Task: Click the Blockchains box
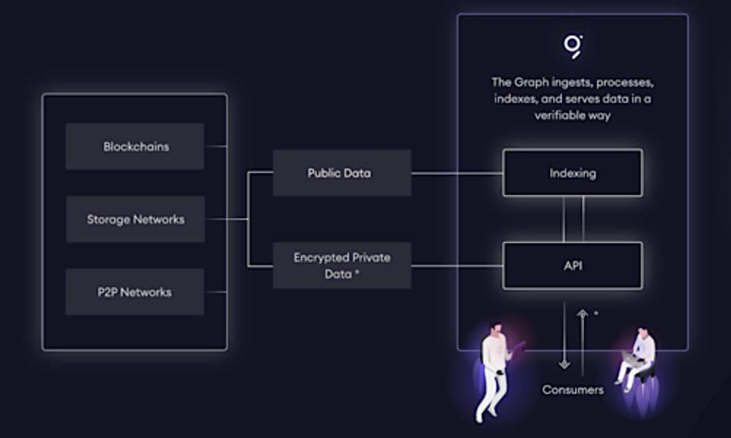(135, 147)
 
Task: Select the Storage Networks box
(135, 219)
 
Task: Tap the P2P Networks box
(135, 292)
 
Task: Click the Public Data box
(342, 173)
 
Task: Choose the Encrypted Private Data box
(342, 265)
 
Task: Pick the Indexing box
(572, 172)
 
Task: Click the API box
(572, 265)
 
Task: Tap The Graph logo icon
(573, 45)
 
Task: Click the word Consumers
(572, 390)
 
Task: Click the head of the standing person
(496, 327)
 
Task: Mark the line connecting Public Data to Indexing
(457, 173)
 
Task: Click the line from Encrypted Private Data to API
(457, 265)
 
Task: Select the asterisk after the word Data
(357, 274)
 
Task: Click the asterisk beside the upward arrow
(595, 313)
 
